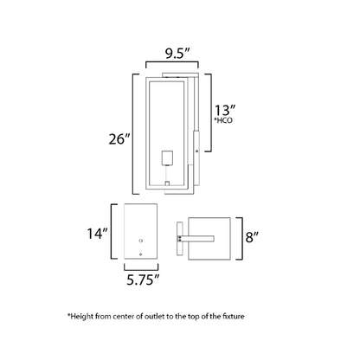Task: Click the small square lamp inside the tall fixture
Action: [170, 157]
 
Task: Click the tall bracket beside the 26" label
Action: [133, 135]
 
